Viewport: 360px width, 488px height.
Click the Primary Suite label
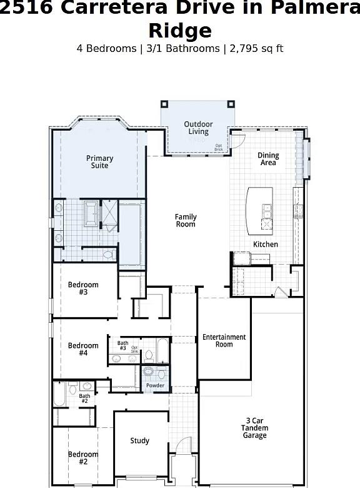[x=99, y=162]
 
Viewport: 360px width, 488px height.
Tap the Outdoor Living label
[x=198, y=128]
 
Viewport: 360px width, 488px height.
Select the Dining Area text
[x=268, y=159]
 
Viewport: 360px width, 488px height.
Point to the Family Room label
[x=186, y=220]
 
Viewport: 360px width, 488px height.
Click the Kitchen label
[x=265, y=244]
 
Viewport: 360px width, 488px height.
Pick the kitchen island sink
[x=267, y=213]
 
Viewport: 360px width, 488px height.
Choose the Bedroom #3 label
[x=83, y=288]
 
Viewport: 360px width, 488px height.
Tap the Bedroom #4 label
[x=83, y=349]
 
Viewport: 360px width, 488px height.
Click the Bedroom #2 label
[x=83, y=458]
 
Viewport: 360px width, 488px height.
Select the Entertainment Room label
[x=224, y=340]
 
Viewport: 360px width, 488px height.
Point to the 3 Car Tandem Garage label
[x=254, y=428]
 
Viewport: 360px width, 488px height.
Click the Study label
[x=139, y=440]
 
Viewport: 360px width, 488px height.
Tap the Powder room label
[x=155, y=385]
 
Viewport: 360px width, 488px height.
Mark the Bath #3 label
[x=122, y=345]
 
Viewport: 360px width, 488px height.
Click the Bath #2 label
[x=84, y=398]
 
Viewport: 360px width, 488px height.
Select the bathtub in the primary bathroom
[x=91, y=213]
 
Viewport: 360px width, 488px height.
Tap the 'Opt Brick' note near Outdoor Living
[x=218, y=148]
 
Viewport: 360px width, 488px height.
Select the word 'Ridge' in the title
[x=180, y=30]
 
